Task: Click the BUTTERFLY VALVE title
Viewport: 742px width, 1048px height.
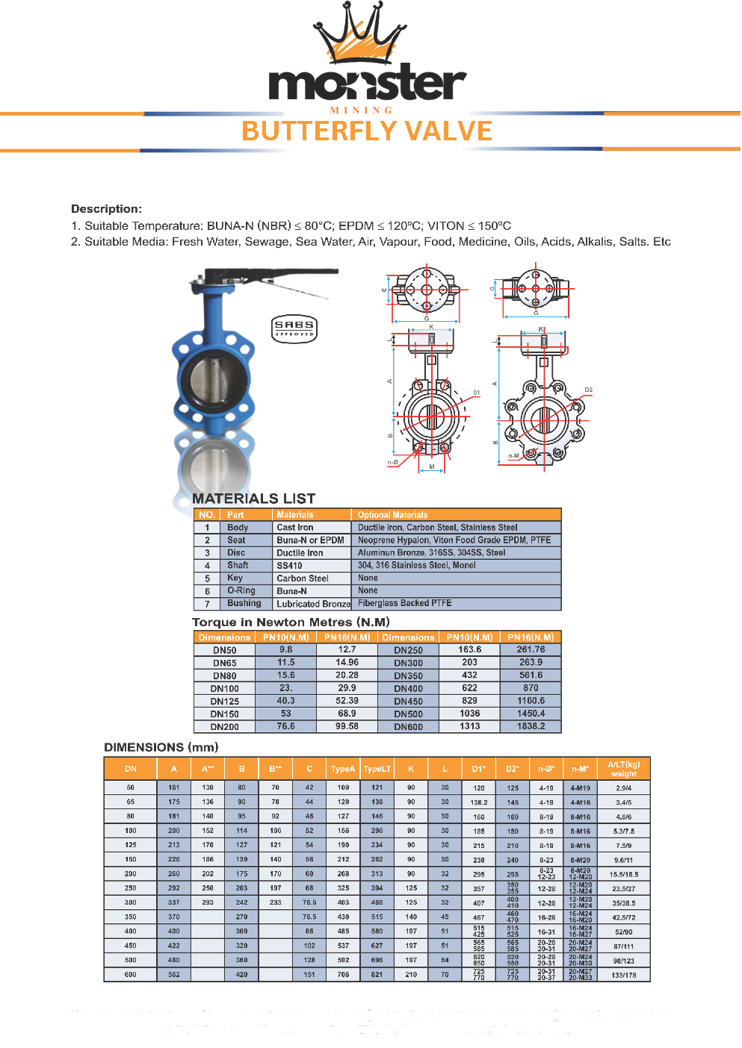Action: pyautogui.click(x=367, y=131)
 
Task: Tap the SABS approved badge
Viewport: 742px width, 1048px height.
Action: pyautogui.click(x=294, y=328)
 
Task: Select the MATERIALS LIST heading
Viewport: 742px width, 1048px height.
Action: pyautogui.click(x=253, y=499)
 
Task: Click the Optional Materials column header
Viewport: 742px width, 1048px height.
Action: pyautogui.click(x=392, y=515)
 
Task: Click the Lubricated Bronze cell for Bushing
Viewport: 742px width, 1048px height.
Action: pyautogui.click(x=313, y=604)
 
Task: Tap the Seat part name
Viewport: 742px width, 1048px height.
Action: pyautogui.click(x=236, y=540)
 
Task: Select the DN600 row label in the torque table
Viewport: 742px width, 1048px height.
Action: pyautogui.click(x=408, y=727)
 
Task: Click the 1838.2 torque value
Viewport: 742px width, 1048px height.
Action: pyautogui.click(x=531, y=726)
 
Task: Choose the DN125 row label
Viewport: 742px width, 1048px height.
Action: pyautogui.click(x=224, y=702)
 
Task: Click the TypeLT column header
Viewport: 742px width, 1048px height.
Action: pyautogui.click(x=377, y=769)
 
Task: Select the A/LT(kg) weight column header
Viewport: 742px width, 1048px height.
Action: pyautogui.click(x=623, y=769)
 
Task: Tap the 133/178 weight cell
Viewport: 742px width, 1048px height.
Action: pyautogui.click(x=623, y=975)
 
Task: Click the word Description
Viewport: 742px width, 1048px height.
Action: pyautogui.click(x=106, y=209)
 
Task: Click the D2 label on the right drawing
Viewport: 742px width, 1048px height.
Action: pyautogui.click(x=588, y=390)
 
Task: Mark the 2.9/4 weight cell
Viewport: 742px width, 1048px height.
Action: pyautogui.click(x=623, y=788)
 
